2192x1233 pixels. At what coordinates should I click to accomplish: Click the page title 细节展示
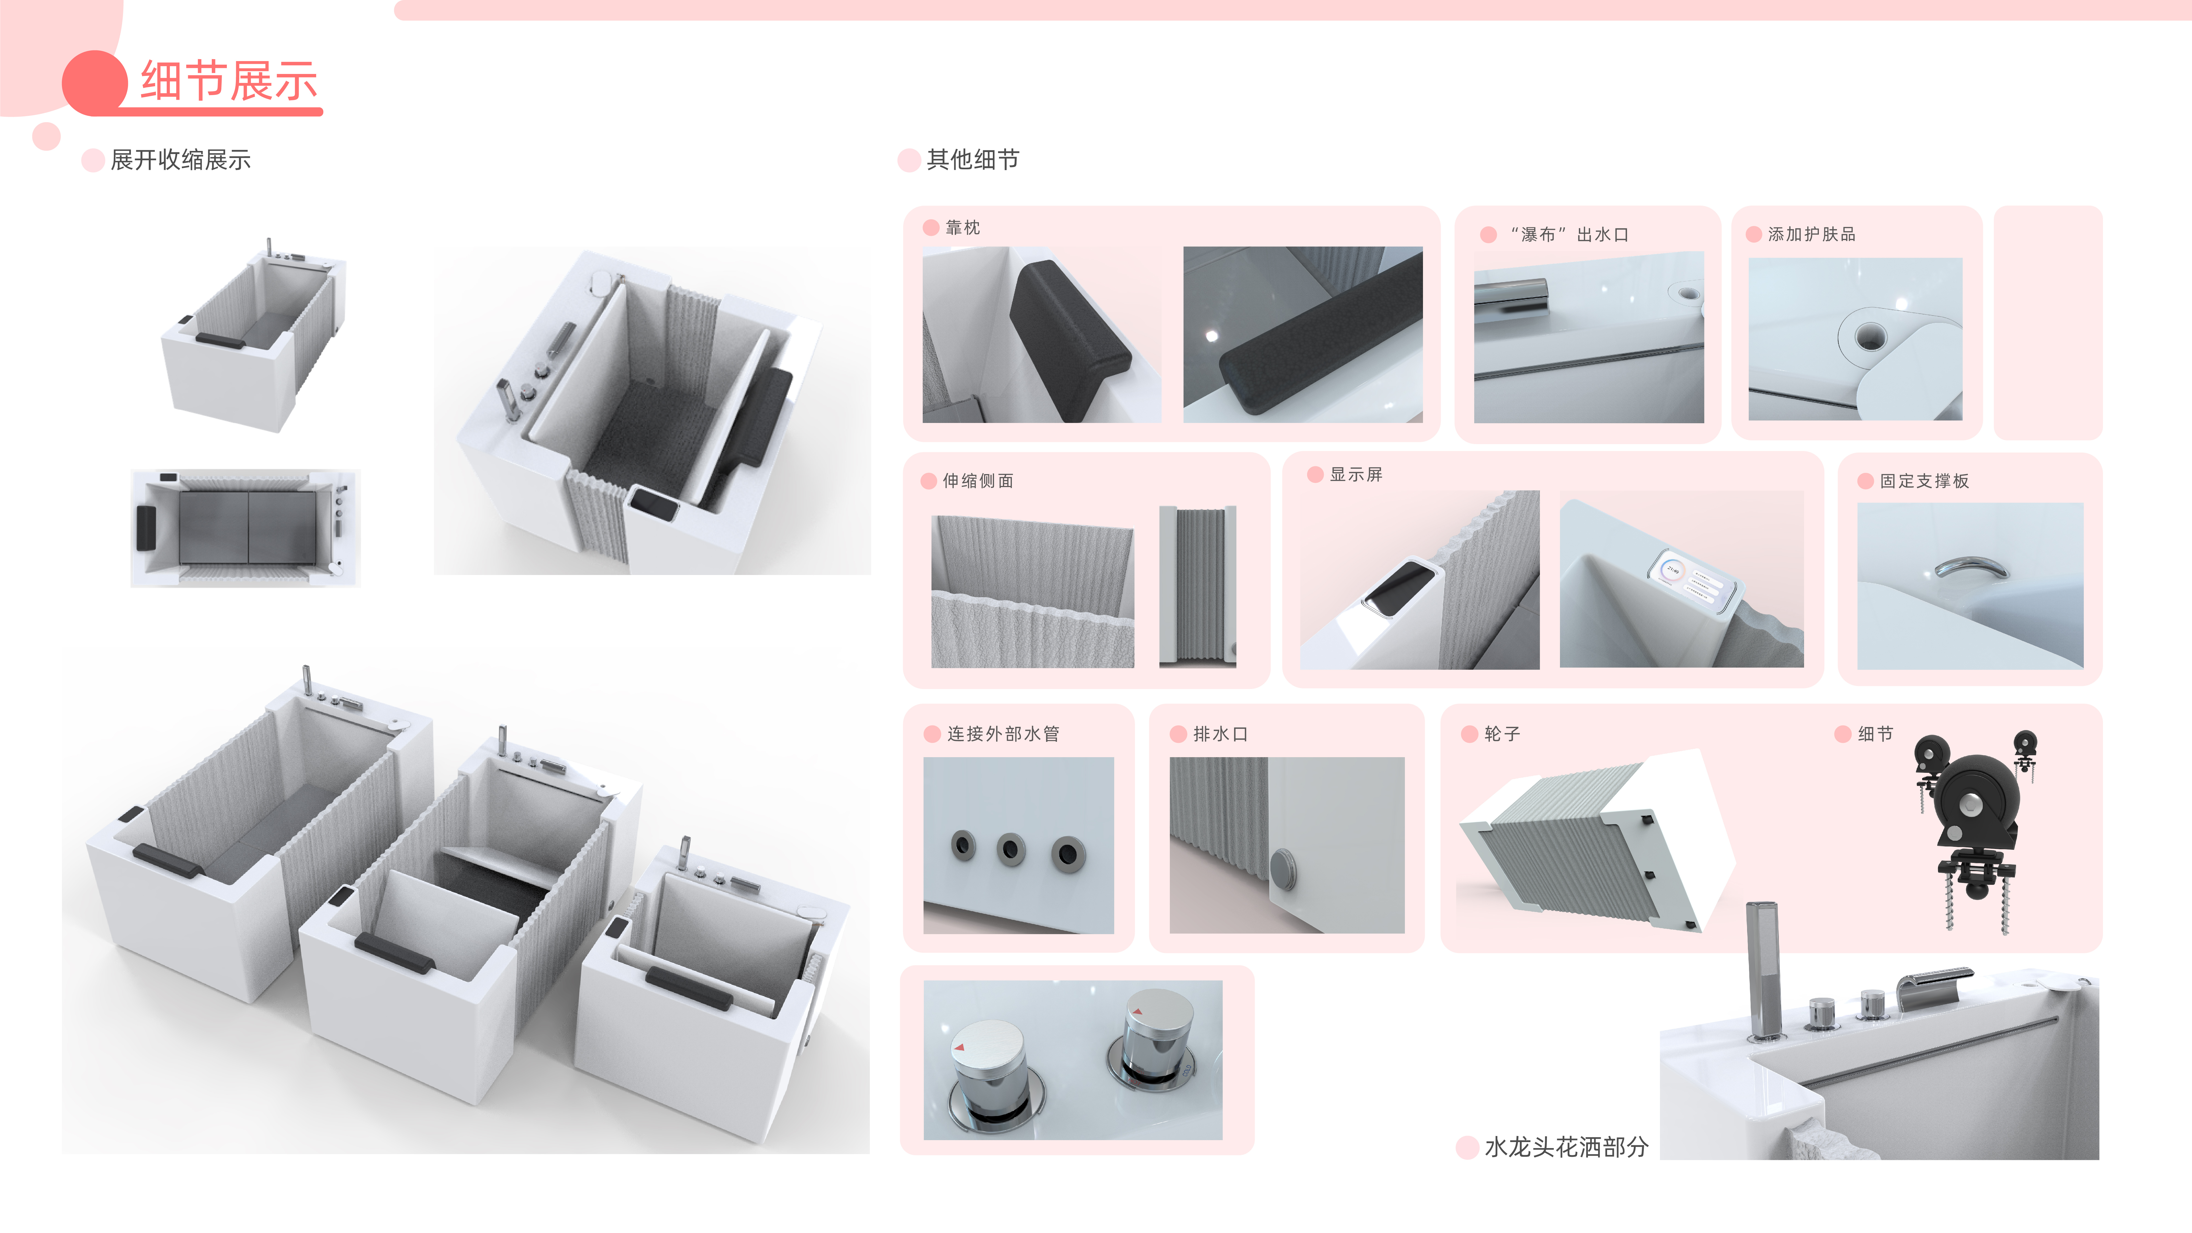tap(228, 82)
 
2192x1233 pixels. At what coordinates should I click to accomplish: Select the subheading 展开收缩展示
tap(180, 160)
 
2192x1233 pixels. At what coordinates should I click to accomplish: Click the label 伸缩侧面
tap(978, 481)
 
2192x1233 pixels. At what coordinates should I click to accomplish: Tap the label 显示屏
tap(1356, 475)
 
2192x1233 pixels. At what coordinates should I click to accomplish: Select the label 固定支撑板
tap(1924, 481)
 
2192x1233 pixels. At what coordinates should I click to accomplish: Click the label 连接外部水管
tap(1002, 734)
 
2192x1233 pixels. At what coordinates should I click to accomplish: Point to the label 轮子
tap(1502, 734)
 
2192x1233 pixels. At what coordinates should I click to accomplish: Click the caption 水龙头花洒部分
tap(1566, 1147)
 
